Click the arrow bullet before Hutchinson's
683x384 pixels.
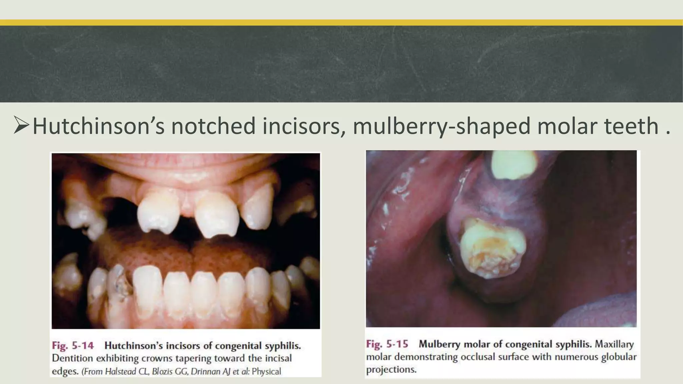[21, 126]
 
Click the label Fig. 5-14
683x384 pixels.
[73, 346]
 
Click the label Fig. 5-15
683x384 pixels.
[387, 344]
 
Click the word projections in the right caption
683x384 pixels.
[391, 370]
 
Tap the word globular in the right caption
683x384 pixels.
[619, 357]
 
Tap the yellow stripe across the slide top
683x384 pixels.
[341, 23]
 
